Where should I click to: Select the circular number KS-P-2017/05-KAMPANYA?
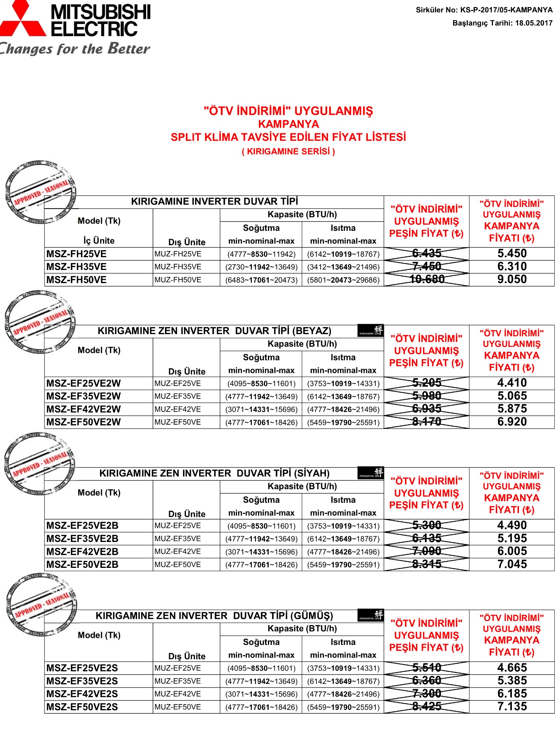[506, 10]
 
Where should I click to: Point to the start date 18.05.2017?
[534, 23]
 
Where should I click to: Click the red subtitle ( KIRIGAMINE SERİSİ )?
[288, 151]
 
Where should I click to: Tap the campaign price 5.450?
[512, 253]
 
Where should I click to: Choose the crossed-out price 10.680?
[427, 279]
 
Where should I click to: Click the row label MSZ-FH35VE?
[77, 267]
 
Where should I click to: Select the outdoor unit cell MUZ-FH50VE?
[178, 280]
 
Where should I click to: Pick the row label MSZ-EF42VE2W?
[84, 409]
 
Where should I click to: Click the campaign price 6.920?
[512, 422]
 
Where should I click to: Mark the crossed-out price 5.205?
[427, 383]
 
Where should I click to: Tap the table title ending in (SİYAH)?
[214, 473]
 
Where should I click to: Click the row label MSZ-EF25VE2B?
[82, 526]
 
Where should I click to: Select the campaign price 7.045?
[512, 564]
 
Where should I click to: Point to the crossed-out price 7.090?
[427, 551]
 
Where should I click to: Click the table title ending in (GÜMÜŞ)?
[214, 616]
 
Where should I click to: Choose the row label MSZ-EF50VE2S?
[82, 707]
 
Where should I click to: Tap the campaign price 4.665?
[512, 668]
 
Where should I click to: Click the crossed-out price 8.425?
[427, 707]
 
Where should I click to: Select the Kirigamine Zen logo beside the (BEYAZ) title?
[371, 331]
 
